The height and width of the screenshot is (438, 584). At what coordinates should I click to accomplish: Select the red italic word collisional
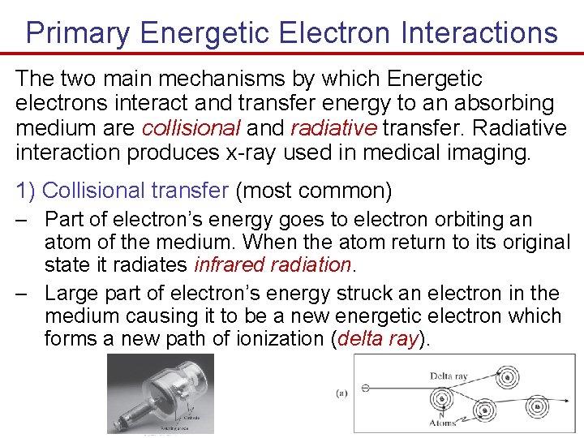(191, 128)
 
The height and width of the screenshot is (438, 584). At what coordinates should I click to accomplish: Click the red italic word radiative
(334, 128)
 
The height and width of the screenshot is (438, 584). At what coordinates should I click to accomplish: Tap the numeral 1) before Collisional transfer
(26, 191)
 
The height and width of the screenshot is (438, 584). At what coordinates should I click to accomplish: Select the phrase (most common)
(313, 191)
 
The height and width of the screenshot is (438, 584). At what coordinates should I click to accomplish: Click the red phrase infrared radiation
(273, 265)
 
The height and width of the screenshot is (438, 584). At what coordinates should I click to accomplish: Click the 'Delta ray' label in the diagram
(449, 376)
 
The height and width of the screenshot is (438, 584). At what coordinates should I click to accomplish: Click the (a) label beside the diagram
(342, 393)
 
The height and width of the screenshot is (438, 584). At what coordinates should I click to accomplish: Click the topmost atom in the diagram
(509, 376)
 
